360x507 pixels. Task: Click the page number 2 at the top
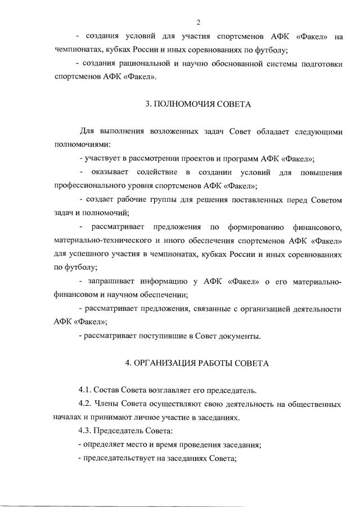click(198, 22)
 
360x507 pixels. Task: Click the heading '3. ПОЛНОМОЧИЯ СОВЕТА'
click(198, 104)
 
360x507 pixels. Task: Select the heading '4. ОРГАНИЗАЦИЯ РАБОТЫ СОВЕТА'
click(198, 363)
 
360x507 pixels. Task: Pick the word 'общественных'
click(314, 404)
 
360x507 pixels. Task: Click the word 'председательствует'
click(119, 459)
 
